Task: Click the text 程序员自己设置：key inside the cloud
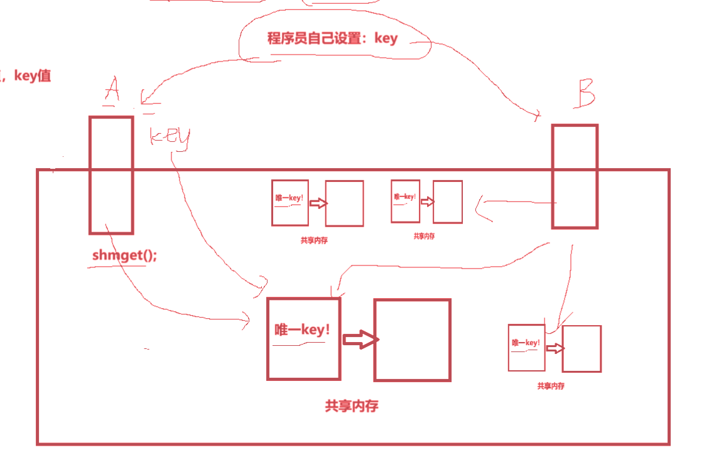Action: coord(332,38)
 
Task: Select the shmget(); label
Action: coord(124,255)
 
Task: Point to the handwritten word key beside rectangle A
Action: coord(170,137)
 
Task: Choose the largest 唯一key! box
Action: coord(303,338)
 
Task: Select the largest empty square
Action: coord(412,340)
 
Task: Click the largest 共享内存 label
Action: coord(352,406)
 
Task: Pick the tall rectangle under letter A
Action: coord(111,174)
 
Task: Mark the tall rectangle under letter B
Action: coord(574,176)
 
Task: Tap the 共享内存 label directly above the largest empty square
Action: coord(424,236)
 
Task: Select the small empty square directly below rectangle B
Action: coord(581,348)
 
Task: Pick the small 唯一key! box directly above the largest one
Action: coord(290,202)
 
